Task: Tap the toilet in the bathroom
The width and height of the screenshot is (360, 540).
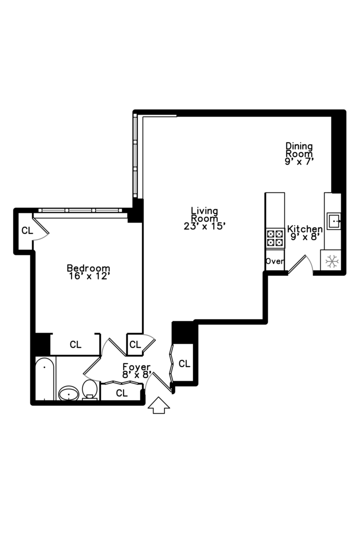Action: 90,389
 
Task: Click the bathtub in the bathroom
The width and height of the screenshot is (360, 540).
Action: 44,378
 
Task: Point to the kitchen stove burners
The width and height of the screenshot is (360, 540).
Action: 274,238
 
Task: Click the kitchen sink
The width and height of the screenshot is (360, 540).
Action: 333,220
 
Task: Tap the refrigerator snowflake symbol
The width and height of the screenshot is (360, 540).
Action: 330,261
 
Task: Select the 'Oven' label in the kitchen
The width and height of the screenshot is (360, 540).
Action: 274,261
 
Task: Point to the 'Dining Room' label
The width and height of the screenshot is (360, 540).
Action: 299,150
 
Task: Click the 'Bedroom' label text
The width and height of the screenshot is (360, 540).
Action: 88,268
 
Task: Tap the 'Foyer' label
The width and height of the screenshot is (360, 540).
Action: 136,367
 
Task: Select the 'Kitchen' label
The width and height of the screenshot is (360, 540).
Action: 304,229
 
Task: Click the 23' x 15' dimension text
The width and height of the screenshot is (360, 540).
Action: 205,226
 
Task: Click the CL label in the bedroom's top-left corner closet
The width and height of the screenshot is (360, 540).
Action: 27,230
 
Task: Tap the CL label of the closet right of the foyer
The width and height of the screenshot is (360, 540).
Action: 184,363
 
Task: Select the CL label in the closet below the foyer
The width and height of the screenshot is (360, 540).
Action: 121,393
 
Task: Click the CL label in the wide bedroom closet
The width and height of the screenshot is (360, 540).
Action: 75,344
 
